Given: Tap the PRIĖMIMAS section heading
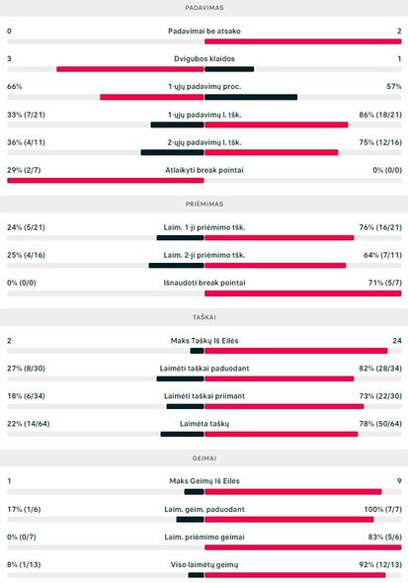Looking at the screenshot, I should click(x=204, y=204).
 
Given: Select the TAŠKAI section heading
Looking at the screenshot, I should click(x=204, y=317).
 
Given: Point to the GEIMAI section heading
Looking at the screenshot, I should click(x=204, y=458).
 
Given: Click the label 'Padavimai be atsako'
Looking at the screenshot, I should click(x=204, y=31).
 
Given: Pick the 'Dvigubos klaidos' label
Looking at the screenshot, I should click(x=204, y=58).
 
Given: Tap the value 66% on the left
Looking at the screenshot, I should click(x=14, y=86).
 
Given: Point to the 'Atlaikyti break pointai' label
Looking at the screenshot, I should click(x=204, y=169).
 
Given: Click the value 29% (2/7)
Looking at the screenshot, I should click(x=25, y=169).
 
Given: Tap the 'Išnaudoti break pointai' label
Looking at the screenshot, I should click(x=204, y=282).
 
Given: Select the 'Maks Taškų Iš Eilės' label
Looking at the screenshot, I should click(x=204, y=340).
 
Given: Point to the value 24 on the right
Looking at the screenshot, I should click(x=396, y=340).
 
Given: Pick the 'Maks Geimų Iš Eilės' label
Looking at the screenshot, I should click(x=204, y=481).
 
